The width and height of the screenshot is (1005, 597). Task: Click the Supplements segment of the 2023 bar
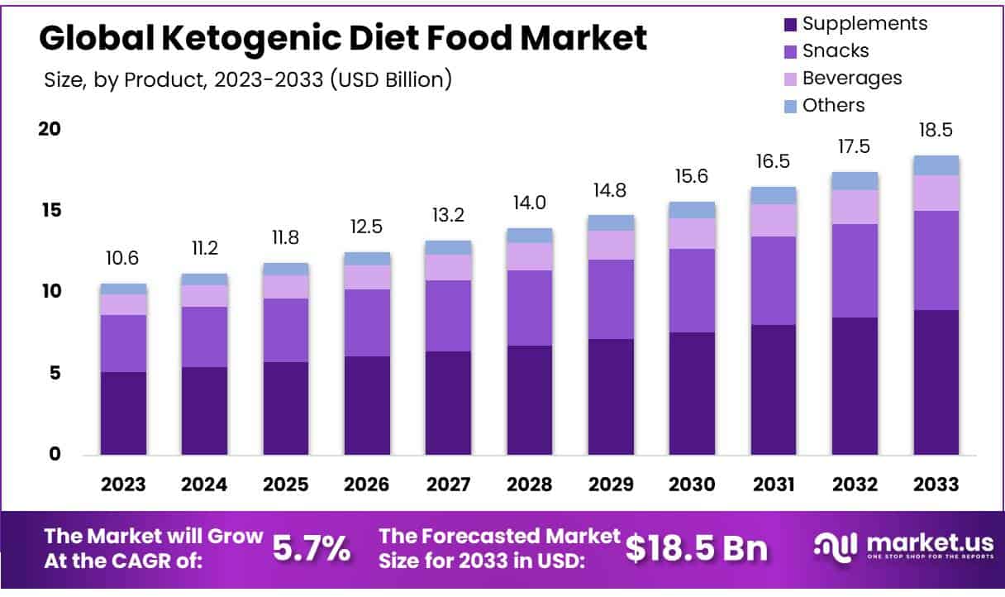tap(123, 413)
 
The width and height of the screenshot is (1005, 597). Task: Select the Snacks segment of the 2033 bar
tap(936, 260)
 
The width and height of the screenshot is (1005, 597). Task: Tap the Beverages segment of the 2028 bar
tap(529, 256)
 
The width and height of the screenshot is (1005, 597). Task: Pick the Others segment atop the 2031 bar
tap(773, 195)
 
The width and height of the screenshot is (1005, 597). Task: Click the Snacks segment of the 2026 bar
tap(367, 322)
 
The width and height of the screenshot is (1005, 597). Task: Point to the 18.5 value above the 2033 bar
tap(936, 131)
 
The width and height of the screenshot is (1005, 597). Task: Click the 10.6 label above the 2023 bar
tap(123, 259)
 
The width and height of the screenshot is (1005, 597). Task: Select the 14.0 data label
tap(529, 203)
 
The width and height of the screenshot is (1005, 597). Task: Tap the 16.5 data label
tap(773, 162)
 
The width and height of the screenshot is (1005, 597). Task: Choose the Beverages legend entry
tap(851, 78)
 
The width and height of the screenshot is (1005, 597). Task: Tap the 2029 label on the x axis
tap(611, 485)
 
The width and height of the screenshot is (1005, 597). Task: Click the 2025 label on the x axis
tap(286, 485)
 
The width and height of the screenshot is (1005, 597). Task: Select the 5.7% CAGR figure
tap(312, 548)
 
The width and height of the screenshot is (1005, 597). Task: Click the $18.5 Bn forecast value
tap(696, 548)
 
